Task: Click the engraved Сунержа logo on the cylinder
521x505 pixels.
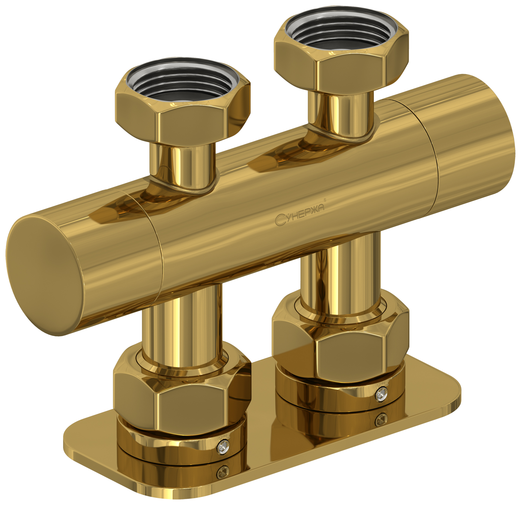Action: (299, 215)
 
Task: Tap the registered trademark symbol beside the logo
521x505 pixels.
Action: (325, 200)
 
